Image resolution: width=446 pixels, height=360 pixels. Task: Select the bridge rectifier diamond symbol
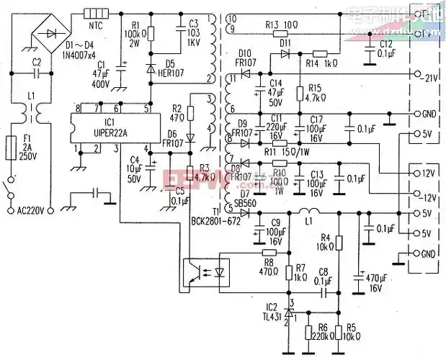(50, 34)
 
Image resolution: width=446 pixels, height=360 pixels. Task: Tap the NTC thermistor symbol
(94, 14)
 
